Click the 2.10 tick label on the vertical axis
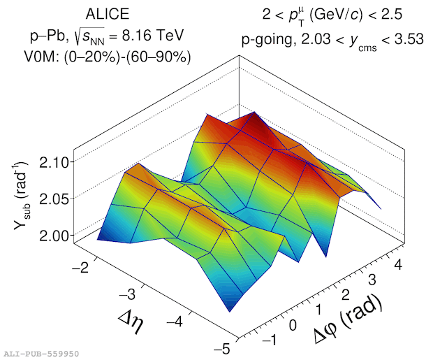54,163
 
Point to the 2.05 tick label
54,199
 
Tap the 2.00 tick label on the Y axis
54,236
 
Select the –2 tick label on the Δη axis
80,267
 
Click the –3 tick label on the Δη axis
128,294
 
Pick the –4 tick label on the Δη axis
175,321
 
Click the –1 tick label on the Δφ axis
269,339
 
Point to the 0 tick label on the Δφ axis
293,325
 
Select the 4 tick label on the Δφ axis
399,265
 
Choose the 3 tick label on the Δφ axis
372,280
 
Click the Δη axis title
131,322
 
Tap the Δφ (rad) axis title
348,320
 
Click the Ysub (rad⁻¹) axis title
21,196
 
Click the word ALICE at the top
107,14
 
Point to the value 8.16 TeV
153,36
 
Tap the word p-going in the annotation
267,40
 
